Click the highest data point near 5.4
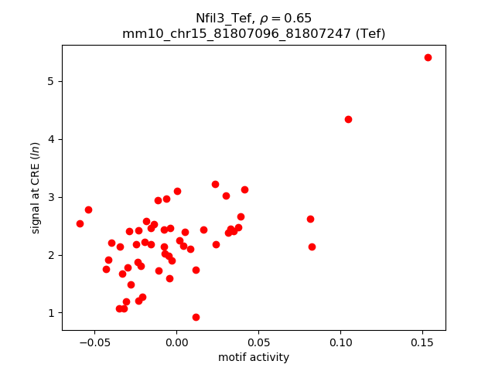pyautogui.click(x=428, y=57)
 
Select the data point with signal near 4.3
pyautogui.click(x=348, y=119)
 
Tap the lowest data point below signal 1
pyautogui.click(x=196, y=317)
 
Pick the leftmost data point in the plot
pyautogui.click(x=80, y=223)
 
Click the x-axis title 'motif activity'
pyautogui.click(x=254, y=357)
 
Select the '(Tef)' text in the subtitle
pyautogui.click(x=368, y=33)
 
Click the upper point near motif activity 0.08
pyautogui.click(x=310, y=219)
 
